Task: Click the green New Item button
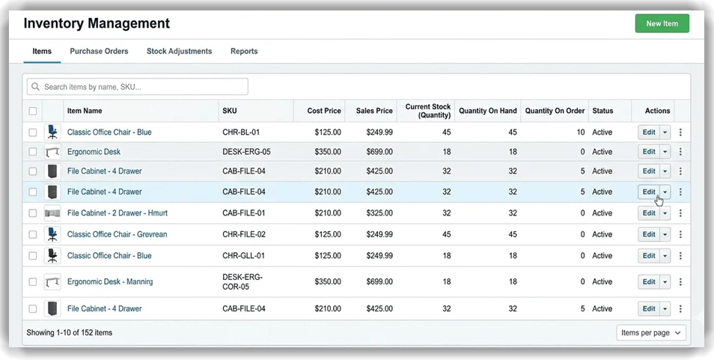[x=662, y=23]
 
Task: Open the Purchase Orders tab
[x=99, y=52]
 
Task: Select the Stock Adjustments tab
[x=179, y=52]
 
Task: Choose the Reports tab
[x=244, y=52]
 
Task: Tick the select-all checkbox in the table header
[x=32, y=111]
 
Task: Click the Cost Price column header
[x=324, y=111]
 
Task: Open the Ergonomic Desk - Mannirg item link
[x=110, y=282]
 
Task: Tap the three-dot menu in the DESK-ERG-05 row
[x=680, y=151]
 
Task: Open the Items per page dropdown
[x=651, y=332]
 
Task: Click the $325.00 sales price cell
[x=374, y=213]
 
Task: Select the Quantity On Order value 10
[x=581, y=132]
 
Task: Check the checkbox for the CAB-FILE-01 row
[x=32, y=213]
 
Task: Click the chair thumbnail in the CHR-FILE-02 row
[x=52, y=234]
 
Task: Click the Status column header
[x=602, y=111]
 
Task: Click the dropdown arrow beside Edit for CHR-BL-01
[x=665, y=132]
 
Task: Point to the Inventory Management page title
[x=97, y=23]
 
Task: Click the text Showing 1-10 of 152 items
[x=70, y=332]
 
